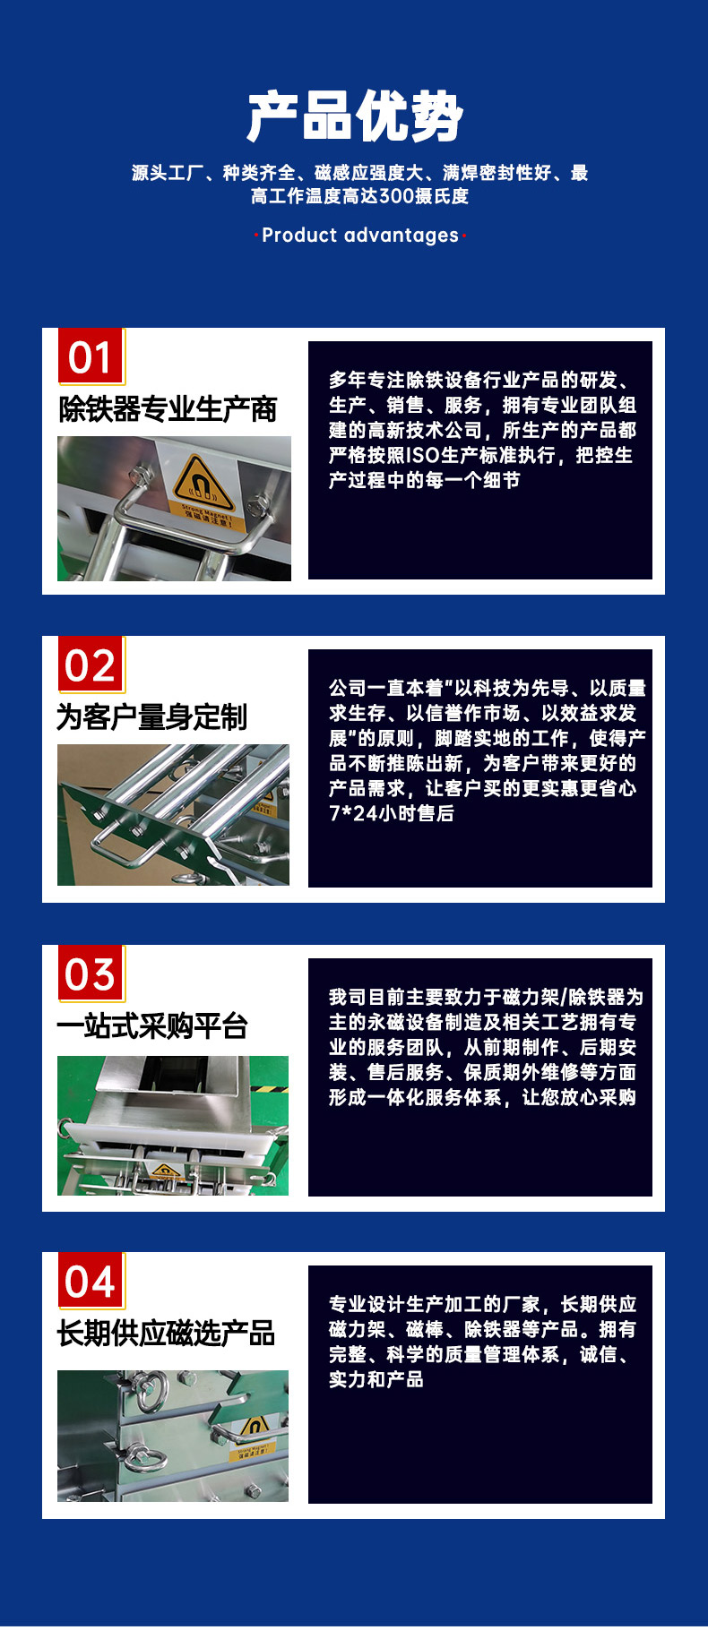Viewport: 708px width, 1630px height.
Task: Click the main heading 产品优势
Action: pos(355,116)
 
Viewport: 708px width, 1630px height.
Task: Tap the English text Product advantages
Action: pos(359,236)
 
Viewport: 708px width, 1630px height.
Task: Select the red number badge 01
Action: pos(91,356)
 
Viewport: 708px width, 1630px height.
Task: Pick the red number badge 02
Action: pos(91,665)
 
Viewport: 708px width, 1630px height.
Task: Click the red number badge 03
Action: pos(91,974)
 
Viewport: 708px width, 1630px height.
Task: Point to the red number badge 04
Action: pos(91,1282)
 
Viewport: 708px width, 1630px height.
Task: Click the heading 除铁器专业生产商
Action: pos(168,409)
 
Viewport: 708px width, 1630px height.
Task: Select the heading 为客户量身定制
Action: pos(151,717)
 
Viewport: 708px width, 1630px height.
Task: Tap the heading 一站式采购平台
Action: pos(152,1026)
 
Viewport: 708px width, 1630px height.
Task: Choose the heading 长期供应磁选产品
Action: pos(166,1334)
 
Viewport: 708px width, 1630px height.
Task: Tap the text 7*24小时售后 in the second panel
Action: pos(392,813)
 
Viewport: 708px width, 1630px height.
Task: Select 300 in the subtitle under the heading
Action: pos(395,196)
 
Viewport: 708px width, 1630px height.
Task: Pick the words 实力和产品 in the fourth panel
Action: pos(376,1379)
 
